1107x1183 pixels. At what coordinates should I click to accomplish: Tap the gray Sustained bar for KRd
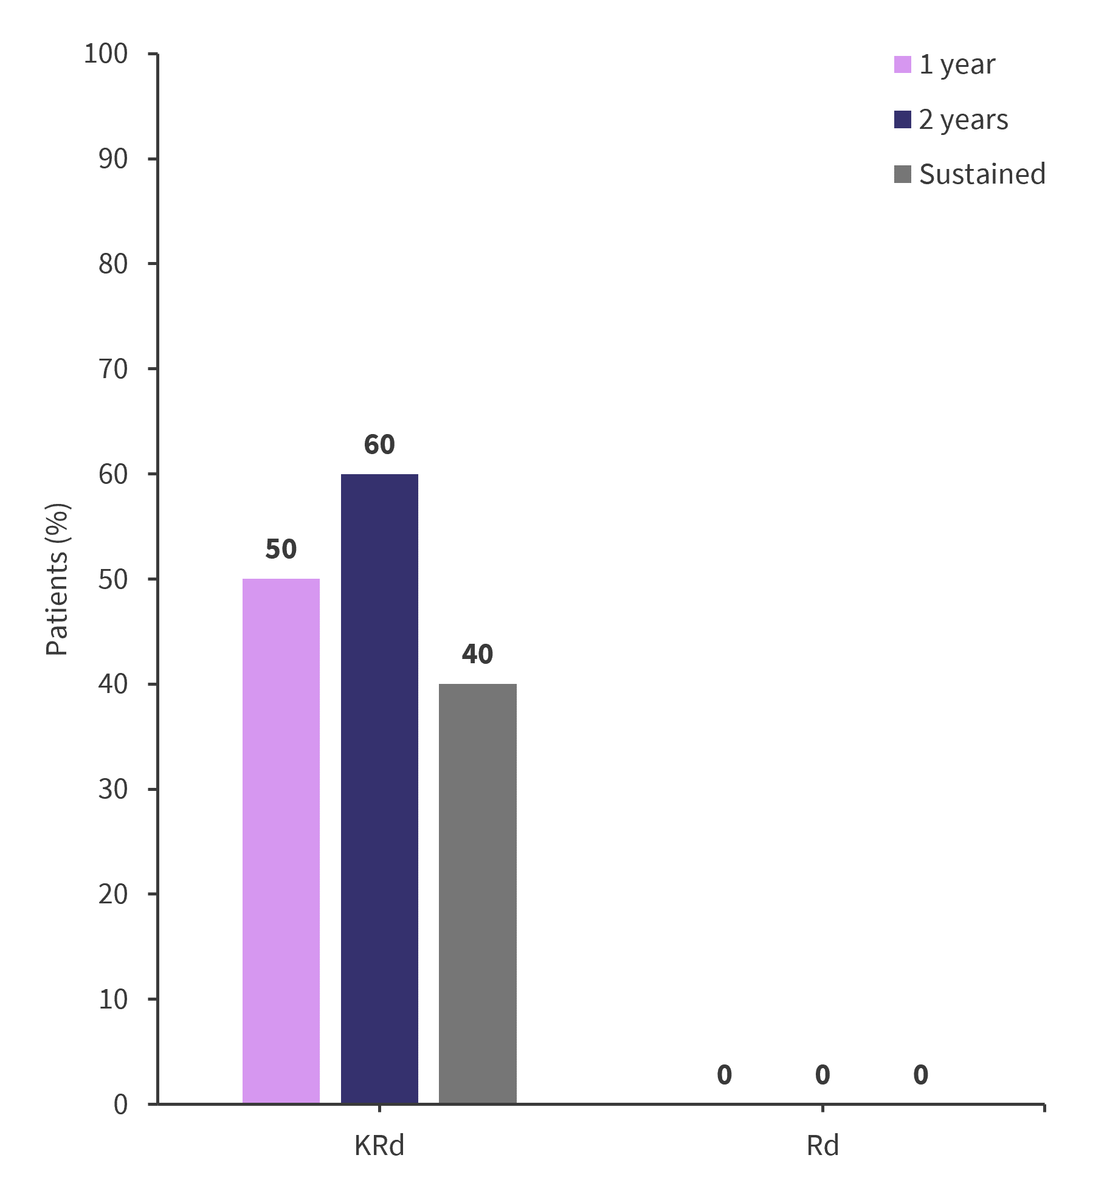point(477,893)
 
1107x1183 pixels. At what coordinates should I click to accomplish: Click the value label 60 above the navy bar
point(379,445)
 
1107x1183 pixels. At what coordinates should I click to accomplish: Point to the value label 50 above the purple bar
point(281,550)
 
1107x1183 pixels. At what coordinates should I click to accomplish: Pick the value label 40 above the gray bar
point(477,655)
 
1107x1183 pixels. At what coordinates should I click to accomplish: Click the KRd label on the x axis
point(379,1146)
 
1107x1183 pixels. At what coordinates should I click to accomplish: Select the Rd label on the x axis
point(822,1146)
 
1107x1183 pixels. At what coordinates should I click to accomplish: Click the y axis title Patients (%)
point(57,579)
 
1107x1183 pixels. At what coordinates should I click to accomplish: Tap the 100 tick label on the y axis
point(106,54)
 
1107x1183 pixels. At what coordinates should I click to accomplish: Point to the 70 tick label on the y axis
point(113,369)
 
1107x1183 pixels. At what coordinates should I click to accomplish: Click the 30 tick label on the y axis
point(113,789)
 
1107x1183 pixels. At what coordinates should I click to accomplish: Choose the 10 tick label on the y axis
point(113,999)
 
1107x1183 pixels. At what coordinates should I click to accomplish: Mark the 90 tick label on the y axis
point(113,159)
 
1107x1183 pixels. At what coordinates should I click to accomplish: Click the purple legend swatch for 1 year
point(903,64)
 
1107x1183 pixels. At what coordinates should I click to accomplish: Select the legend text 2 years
point(964,120)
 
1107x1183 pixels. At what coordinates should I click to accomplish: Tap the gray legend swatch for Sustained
point(903,174)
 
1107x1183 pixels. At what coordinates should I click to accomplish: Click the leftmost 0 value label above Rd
point(724,1075)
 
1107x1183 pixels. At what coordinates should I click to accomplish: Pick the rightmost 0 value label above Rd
point(920,1075)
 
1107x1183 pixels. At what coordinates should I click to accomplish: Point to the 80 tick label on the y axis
point(113,264)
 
